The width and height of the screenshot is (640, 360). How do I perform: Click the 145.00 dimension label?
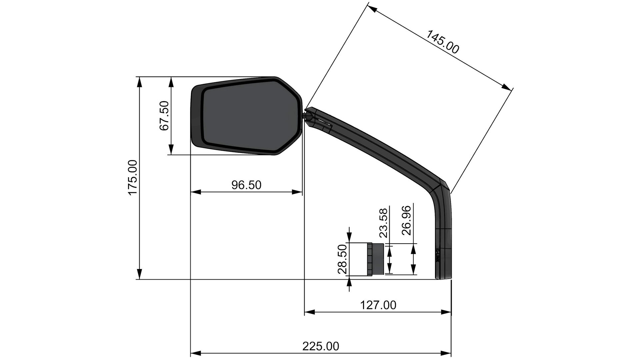[443, 42]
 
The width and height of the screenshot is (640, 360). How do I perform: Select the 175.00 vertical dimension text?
[133, 177]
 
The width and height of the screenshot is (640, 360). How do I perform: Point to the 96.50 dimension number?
[246, 185]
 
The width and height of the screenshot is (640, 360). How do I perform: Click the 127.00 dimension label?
[378, 305]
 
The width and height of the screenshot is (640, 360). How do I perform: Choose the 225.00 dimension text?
[321, 346]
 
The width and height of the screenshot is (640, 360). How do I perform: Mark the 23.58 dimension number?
[384, 223]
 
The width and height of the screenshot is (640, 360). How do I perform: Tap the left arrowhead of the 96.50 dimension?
[195, 192]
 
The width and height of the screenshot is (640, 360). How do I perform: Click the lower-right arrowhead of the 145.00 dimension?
[507, 87]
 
